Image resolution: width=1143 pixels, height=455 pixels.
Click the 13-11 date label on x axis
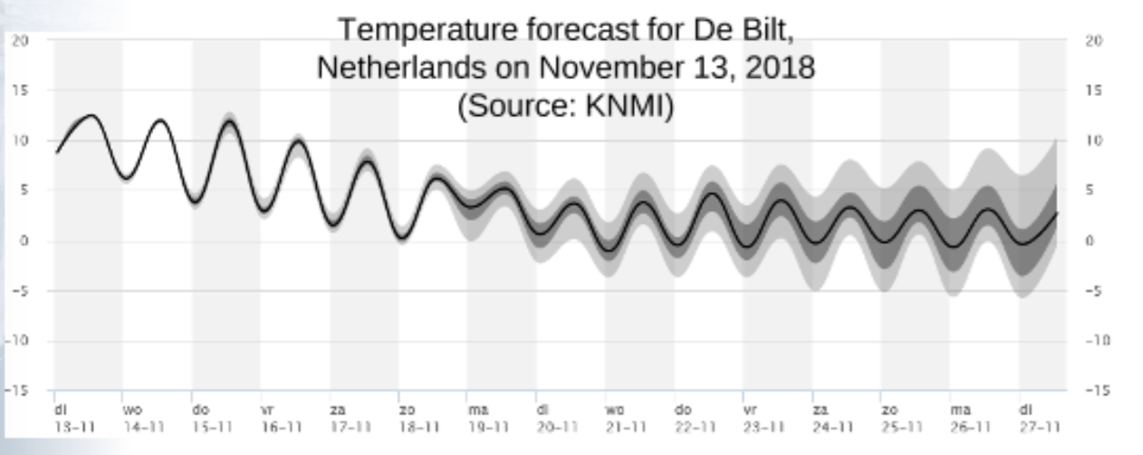coord(68,424)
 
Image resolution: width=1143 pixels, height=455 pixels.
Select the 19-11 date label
coord(483,424)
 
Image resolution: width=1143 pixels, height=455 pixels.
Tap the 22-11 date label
coord(690,424)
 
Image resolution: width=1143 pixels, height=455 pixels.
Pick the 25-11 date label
coord(898,424)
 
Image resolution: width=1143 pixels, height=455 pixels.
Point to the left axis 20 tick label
coord(21,41)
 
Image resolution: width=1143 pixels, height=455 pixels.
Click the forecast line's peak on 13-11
coord(91,115)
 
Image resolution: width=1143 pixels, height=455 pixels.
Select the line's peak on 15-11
coord(229,121)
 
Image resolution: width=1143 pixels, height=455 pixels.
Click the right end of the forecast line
coord(1057,213)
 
